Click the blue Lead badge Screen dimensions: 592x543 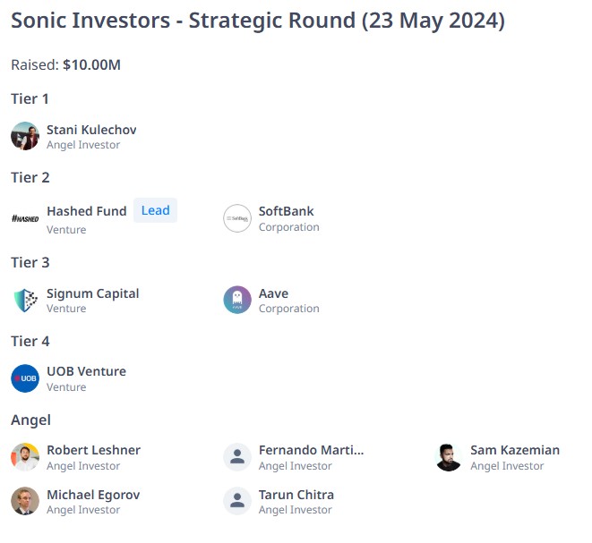(155, 210)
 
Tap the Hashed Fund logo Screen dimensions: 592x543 (25, 218)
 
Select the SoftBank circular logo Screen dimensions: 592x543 (237, 218)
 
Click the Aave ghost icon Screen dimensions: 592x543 (237, 300)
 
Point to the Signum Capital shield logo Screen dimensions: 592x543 (25, 301)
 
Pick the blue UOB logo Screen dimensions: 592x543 (25, 378)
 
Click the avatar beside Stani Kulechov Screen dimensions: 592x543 (25, 136)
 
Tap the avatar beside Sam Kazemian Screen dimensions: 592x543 (449, 457)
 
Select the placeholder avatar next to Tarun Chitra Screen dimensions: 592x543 (237, 501)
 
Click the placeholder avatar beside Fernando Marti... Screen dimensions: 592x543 (237, 457)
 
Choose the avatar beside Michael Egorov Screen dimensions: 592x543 (25, 501)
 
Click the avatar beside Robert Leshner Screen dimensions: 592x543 (25, 457)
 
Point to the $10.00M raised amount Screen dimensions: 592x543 (91, 65)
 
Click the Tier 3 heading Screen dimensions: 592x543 (30, 262)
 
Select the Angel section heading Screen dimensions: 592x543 (31, 420)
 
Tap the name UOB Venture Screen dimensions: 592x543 (87, 371)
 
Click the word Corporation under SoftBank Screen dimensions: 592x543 (288, 227)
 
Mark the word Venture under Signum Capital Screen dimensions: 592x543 (66, 309)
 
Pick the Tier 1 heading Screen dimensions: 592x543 (30, 98)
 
